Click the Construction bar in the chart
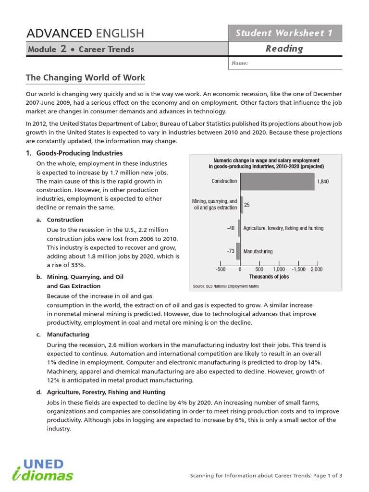277,182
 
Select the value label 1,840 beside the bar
323,182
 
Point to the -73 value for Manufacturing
231,251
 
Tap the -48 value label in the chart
231,228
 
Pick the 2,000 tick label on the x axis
317,270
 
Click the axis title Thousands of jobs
269,277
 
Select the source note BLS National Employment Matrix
225,286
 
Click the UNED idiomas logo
43,470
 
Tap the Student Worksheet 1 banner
284,33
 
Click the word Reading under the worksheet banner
284,49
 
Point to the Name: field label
240,63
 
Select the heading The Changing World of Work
85,77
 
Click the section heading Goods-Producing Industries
80,153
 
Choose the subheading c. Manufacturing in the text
68,334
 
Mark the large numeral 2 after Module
63,49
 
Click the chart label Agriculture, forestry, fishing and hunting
283,228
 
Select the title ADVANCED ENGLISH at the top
85,33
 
